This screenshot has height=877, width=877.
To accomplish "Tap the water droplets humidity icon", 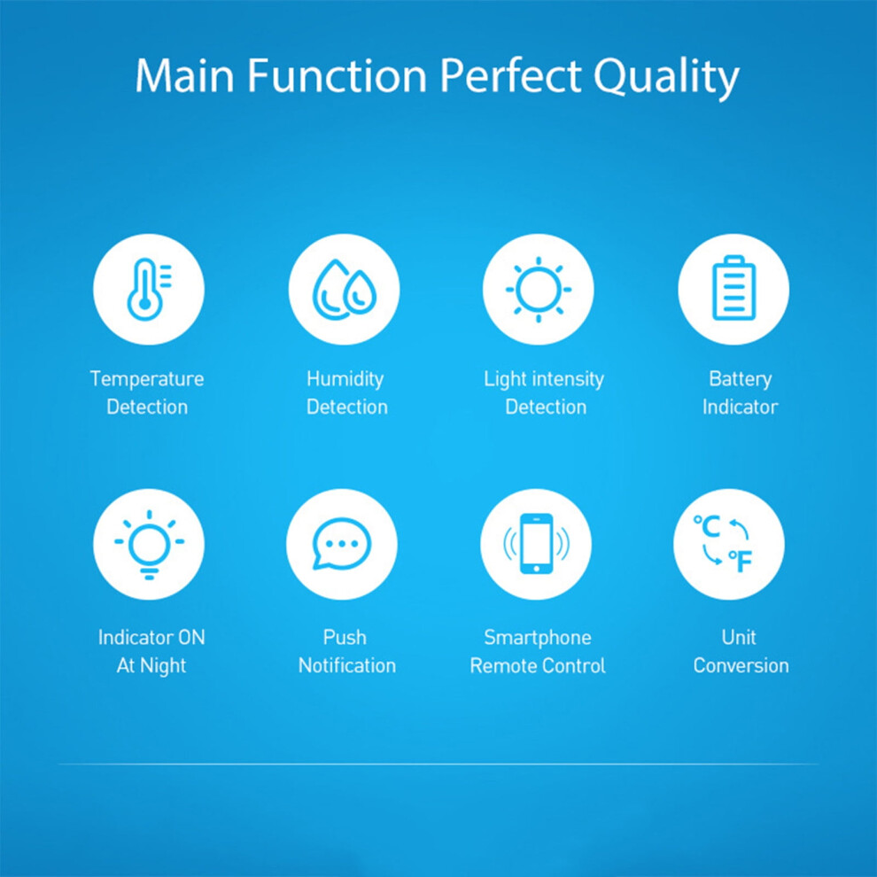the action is coord(344,289).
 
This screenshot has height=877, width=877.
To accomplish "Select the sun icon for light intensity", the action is coord(538,289).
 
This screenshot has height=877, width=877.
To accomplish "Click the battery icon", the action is coord(733,288).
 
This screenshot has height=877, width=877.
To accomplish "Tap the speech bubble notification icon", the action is coord(341,544).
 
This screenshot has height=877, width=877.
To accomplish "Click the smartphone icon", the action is coord(536,544).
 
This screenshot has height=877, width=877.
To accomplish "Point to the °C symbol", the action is coord(706,526).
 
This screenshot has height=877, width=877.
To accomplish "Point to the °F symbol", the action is coord(740,561).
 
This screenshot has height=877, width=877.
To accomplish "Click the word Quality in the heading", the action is coord(666,75).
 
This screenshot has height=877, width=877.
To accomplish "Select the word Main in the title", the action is coord(184,75).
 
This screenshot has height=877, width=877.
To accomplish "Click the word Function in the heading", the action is coord(338,75).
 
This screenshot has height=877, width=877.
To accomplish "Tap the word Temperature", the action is coord(147,378).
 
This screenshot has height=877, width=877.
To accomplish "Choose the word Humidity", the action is coord(345,378).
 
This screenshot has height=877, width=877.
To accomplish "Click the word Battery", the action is coord(740,378).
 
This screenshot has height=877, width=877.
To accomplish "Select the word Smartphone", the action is coord(538,637).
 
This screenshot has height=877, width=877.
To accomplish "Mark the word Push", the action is coord(345,637).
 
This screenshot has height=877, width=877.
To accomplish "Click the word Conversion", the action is coord(741,665).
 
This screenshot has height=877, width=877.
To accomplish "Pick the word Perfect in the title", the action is coord(510,75).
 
